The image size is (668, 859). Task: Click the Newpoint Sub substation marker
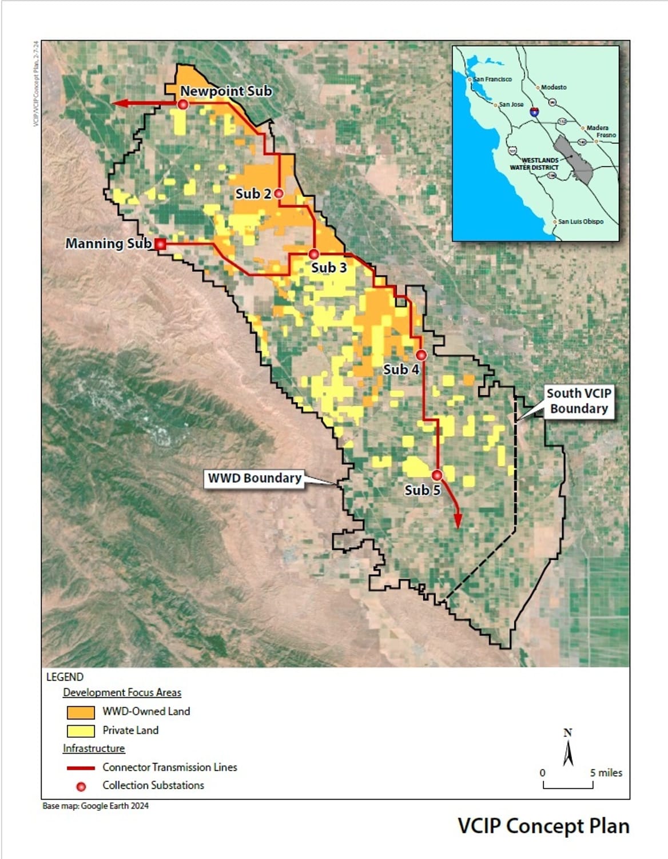point(183,104)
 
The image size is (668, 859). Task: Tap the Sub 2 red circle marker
point(279,193)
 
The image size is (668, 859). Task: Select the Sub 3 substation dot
point(313,254)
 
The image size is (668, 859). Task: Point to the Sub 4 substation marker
point(421,355)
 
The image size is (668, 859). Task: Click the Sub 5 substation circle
point(437,475)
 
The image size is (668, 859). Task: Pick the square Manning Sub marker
point(161,244)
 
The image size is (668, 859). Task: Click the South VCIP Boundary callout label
point(578,401)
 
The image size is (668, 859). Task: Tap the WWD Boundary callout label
point(255,478)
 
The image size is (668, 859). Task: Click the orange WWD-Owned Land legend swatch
point(81,712)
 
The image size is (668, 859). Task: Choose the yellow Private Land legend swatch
point(81,731)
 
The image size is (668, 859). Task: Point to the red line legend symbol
point(81,768)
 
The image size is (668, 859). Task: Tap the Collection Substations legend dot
point(81,786)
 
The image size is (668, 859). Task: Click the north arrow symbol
point(568,749)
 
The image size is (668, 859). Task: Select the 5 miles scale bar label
point(606,773)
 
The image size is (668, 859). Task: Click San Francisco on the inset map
point(492,79)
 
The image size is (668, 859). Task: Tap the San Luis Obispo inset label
point(580,221)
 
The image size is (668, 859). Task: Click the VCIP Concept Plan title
point(543,826)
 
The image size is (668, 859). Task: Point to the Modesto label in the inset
point(554,87)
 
